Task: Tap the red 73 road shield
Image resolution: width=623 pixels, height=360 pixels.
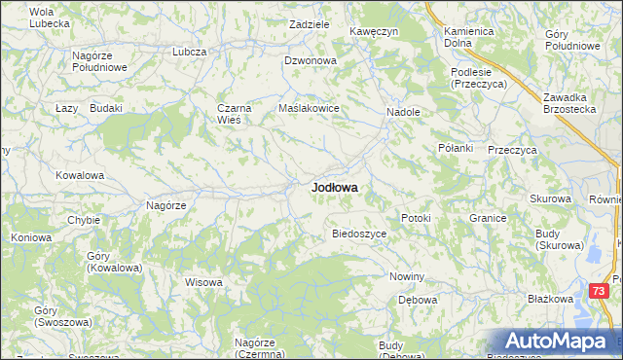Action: coord(600,291)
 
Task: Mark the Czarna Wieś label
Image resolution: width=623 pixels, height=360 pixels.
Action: coord(236,114)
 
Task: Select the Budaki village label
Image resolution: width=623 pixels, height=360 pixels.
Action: coord(105,108)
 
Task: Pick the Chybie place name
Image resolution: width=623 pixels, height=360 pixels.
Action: coord(84,220)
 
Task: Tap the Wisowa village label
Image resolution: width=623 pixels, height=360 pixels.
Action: coord(204,282)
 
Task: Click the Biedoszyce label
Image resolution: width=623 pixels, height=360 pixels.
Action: coord(360,234)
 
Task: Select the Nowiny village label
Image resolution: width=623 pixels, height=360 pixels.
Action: coord(407,277)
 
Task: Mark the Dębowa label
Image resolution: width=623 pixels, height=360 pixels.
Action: coord(417,300)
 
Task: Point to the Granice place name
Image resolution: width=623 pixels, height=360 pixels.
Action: coord(488,218)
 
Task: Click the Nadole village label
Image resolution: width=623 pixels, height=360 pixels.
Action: coord(403,112)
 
